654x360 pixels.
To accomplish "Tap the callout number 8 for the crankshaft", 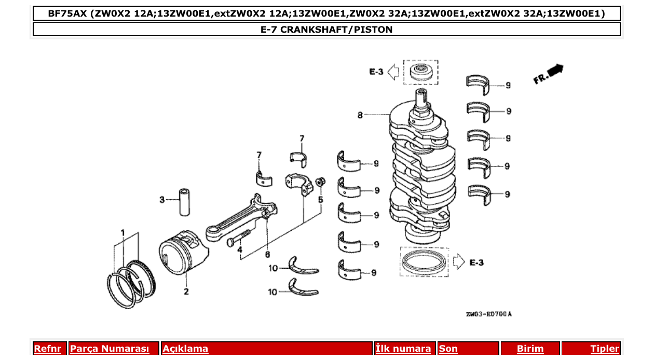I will pos(360,115).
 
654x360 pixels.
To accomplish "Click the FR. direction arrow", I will pos(549,74).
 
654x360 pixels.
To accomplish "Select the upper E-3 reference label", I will pos(376,72).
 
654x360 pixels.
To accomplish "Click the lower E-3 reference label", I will pos(476,263).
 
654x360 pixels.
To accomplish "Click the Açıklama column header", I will pos(185,349).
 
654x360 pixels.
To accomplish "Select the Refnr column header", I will pos(47,349).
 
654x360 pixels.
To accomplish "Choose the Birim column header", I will pos(530,349).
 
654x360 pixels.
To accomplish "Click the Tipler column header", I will pos(605,349).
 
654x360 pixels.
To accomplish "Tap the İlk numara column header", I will pos(403,349).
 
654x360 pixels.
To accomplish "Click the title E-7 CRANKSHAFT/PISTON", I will pos(326,30).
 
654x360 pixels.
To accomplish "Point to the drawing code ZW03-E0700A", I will pos(488,314).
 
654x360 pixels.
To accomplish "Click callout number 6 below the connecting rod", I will pos(267,255).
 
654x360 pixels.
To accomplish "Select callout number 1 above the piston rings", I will pos(123,232).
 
